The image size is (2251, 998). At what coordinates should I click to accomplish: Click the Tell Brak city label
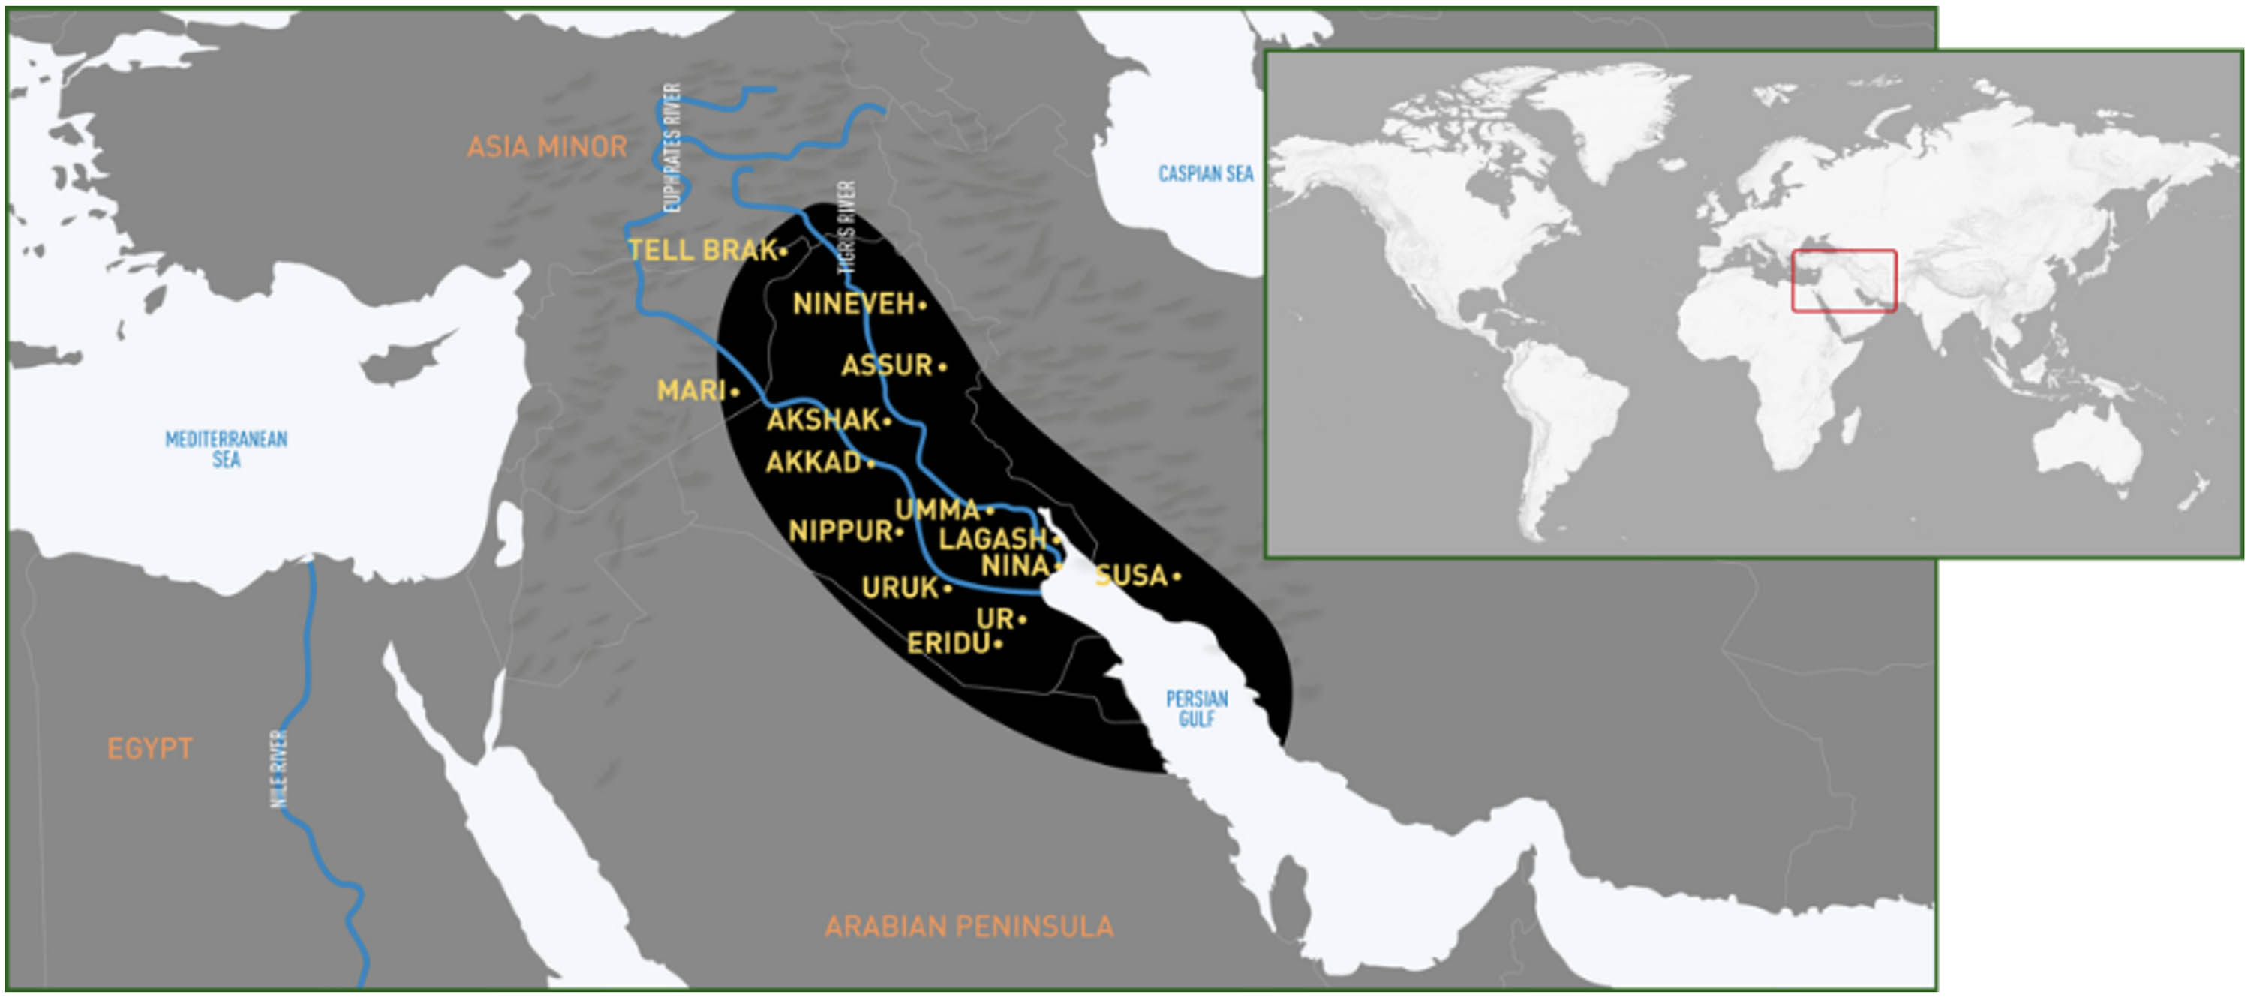coord(702,251)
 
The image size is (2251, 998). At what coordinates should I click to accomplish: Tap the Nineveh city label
coord(854,304)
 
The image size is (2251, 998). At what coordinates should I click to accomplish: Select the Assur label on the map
coord(887,365)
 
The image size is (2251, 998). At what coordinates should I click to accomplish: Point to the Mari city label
coord(691,391)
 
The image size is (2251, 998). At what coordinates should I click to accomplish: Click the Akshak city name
coord(823,420)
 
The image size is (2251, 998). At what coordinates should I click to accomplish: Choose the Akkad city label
coord(813,462)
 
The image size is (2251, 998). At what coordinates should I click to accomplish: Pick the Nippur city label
coord(840,531)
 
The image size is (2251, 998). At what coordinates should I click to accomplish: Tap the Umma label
coord(936,510)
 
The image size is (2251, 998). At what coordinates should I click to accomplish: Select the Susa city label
coord(1132,575)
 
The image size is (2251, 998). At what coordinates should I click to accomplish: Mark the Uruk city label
coord(900,588)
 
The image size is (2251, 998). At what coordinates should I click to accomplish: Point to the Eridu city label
coord(949,644)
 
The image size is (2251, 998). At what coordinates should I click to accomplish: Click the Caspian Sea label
coord(1205,174)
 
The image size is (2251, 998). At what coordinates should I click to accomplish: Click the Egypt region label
coord(149,749)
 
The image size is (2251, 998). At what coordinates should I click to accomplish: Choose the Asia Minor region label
coord(547,147)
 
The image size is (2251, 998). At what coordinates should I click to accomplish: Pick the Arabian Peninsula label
coord(969,927)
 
